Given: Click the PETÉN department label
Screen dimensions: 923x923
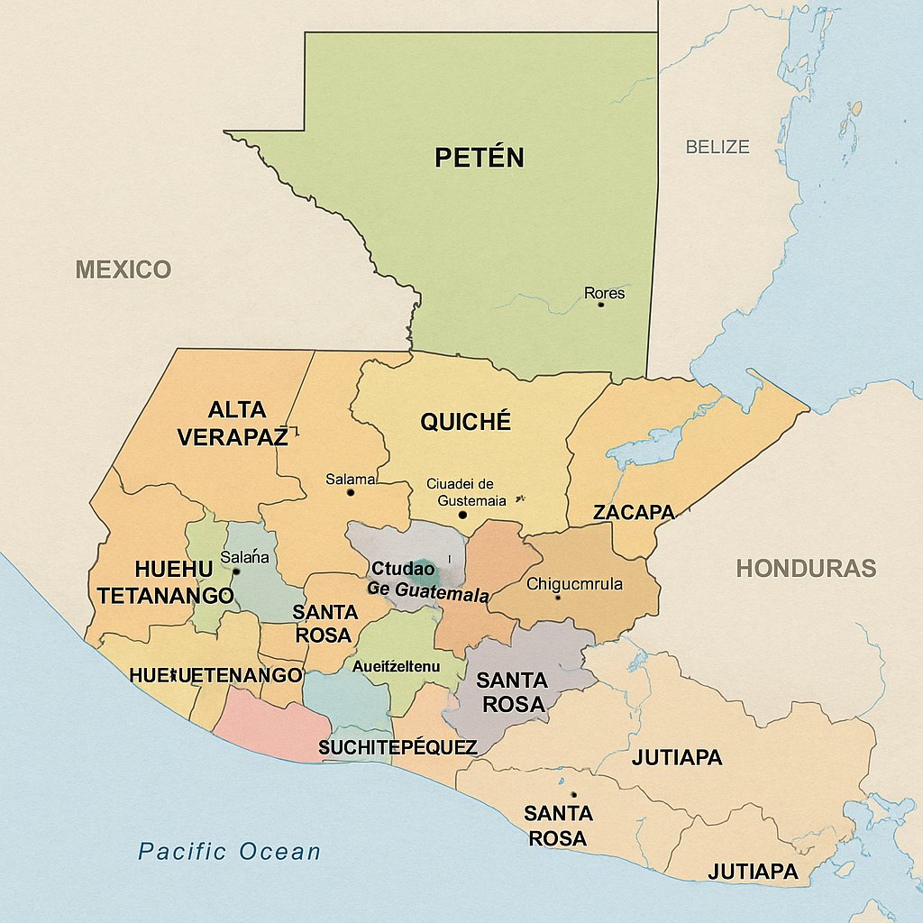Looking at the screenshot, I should tap(479, 158).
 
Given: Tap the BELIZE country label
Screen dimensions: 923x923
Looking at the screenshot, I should tap(717, 147).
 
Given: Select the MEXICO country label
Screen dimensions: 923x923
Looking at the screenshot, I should tap(123, 269).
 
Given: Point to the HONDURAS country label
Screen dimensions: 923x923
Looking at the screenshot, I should tap(806, 568).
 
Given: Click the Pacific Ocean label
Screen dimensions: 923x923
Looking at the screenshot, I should tap(229, 851).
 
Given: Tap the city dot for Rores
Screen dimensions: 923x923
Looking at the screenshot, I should tap(600, 305).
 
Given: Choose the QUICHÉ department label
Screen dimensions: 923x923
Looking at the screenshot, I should tap(465, 421).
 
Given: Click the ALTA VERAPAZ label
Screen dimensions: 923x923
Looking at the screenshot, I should tap(233, 424).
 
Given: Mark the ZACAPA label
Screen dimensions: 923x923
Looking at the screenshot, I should tap(634, 512).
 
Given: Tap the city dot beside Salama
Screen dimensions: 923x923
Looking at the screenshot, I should tap(351, 492).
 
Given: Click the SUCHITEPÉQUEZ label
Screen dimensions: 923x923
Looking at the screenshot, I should tap(398, 748).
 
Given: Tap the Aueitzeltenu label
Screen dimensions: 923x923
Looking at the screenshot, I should tap(396, 667).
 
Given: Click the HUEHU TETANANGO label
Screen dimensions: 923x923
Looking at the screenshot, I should tap(166, 582).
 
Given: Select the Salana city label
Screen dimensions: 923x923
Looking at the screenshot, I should tap(245, 557).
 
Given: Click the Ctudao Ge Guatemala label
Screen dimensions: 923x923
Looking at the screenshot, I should tap(428, 582).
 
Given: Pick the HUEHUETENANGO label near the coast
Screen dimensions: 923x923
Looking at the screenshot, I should tap(215, 675).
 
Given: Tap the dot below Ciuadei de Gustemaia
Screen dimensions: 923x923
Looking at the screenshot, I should tap(462, 515).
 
